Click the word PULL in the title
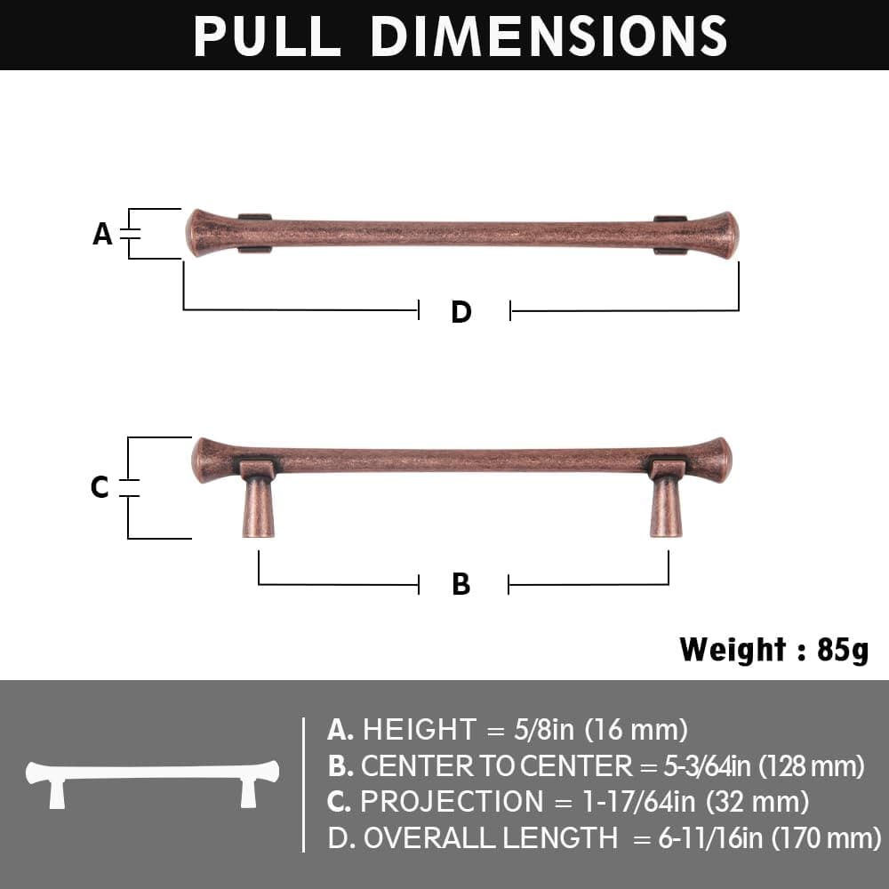pyautogui.click(x=267, y=36)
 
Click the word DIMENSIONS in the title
pyautogui.click(x=549, y=36)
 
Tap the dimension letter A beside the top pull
pyautogui.click(x=102, y=234)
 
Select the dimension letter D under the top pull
pyautogui.click(x=461, y=312)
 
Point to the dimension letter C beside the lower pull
pyautogui.click(x=100, y=487)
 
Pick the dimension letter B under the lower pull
pyautogui.click(x=461, y=584)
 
